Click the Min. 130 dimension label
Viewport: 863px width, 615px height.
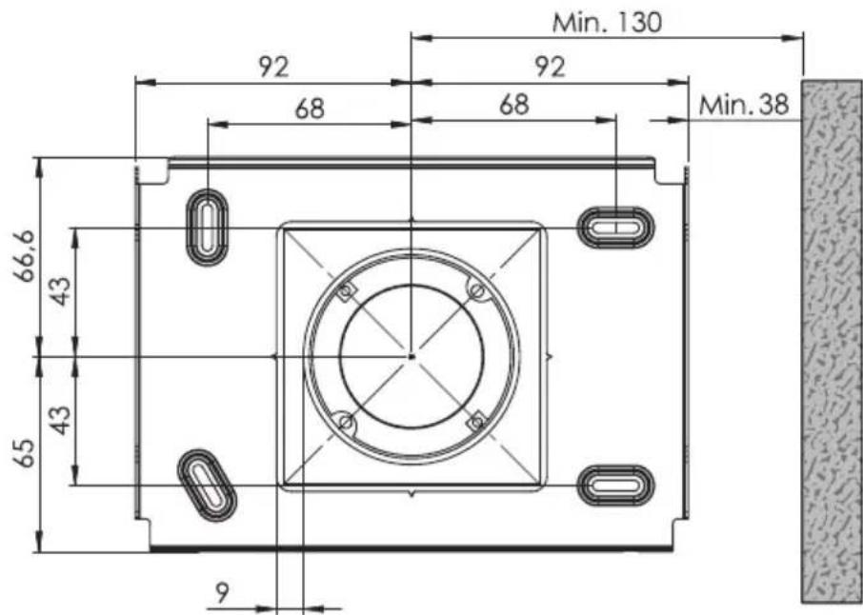[x=607, y=23]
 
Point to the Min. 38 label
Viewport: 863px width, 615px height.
[x=744, y=104]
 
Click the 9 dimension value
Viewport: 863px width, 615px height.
[x=222, y=593]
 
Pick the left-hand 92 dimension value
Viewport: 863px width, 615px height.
[x=273, y=67]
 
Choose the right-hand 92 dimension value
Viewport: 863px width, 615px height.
[x=550, y=67]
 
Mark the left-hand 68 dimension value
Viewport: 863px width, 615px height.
[x=310, y=109]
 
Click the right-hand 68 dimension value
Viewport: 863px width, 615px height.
[x=514, y=105]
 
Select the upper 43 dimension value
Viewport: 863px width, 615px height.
[x=61, y=290]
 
